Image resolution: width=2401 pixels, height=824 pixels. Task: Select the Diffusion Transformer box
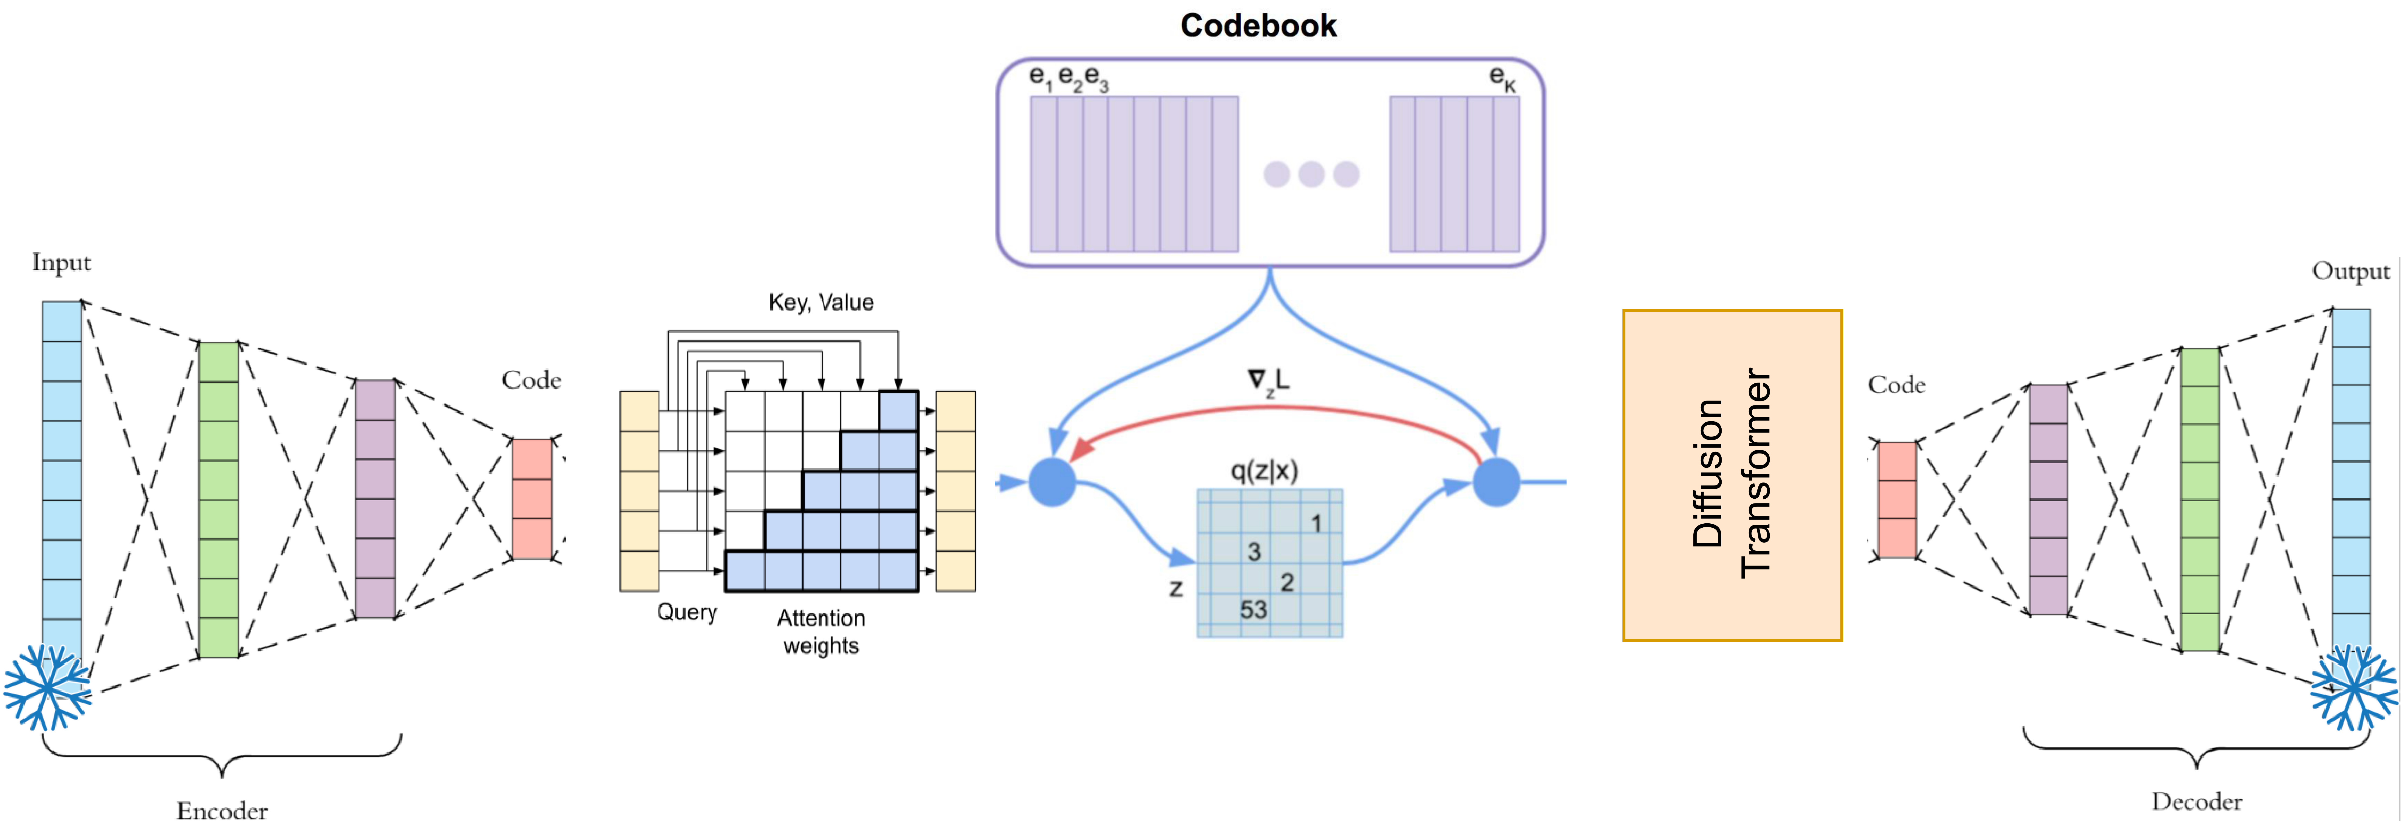coord(1732,475)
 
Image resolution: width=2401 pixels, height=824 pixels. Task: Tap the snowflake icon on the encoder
coord(46,688)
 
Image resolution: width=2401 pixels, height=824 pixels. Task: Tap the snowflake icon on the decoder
coord(2353,688)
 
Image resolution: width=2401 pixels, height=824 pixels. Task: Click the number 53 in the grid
coord(1253,610)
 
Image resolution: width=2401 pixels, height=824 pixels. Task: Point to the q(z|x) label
coord(1264,471)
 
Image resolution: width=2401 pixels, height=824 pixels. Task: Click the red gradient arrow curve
coord(1277,408)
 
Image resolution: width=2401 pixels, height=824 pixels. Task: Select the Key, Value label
coord(820,302)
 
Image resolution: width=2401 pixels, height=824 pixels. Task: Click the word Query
coord(687,612)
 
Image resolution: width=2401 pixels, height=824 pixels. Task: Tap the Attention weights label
coord(820,632)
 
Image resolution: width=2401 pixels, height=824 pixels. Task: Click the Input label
coord(62,263)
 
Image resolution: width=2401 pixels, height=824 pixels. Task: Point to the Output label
coord(2350,271)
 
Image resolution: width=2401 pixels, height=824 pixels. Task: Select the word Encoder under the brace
coord(222,810)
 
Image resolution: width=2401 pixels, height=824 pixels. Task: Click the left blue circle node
coord(1052,482)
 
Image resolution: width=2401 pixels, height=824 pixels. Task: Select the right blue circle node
coord(1496,482)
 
